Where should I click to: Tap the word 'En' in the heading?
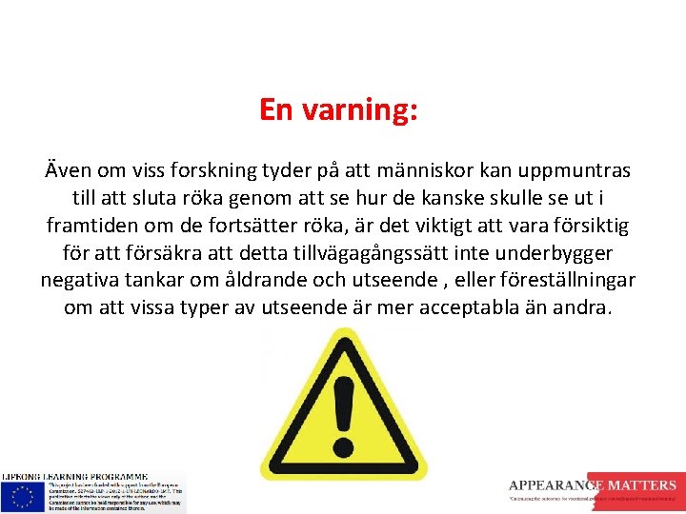tap(276, 110)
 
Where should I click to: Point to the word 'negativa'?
tap(81, 282)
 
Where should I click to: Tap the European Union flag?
tap(20, 495)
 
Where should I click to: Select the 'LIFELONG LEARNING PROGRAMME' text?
tap(74, 476)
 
